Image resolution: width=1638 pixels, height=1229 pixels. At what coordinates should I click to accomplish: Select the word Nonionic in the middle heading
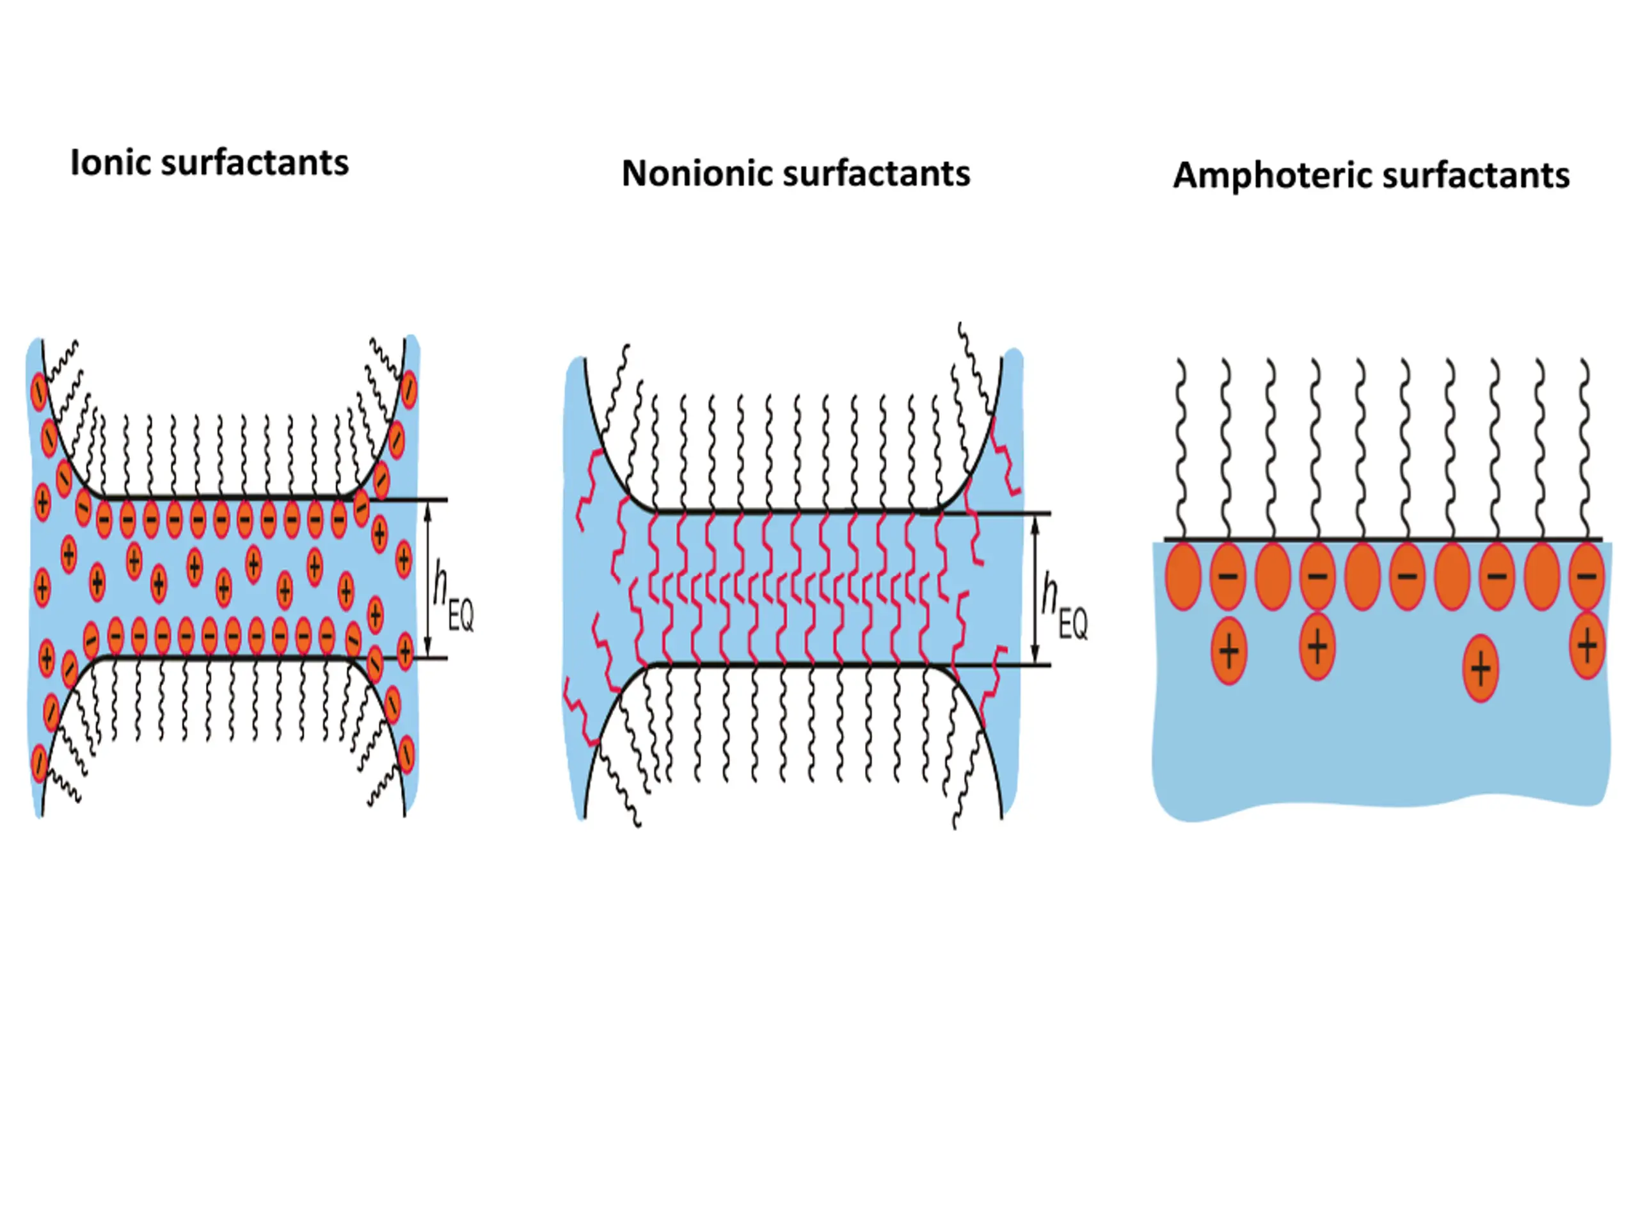(x=697, y=173)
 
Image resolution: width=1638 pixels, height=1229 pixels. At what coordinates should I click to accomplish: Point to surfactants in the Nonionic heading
(x=876, y=173)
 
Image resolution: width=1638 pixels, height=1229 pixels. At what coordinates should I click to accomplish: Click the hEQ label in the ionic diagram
(x=453, y=597)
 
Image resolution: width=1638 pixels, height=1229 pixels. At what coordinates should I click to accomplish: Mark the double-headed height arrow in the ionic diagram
(x=427, y=579)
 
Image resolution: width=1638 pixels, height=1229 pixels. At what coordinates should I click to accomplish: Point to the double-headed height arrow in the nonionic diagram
(x=1035, y=589)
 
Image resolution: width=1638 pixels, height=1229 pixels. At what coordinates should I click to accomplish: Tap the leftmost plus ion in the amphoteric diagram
(x=1229, y=651)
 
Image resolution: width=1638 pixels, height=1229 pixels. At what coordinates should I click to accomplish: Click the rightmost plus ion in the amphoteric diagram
(x=1587, y=645)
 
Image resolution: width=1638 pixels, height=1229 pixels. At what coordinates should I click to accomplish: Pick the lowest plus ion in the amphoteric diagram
(x=1480, y=669)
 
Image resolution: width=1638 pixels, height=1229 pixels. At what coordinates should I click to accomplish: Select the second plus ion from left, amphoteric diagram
(x=1317, y=646)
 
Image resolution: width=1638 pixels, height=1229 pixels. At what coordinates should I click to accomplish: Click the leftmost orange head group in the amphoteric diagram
(x=1183, y=576)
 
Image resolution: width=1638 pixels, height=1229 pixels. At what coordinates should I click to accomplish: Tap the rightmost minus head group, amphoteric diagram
(x=1587, y=576)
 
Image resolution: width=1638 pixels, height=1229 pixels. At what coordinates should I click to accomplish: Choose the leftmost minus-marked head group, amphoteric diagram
(x=1228, y=576)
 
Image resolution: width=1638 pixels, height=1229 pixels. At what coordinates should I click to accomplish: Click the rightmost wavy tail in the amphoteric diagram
(x=1585, y=449)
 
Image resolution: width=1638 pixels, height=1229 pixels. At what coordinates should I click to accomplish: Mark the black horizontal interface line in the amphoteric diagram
(x=1383, y=540)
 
